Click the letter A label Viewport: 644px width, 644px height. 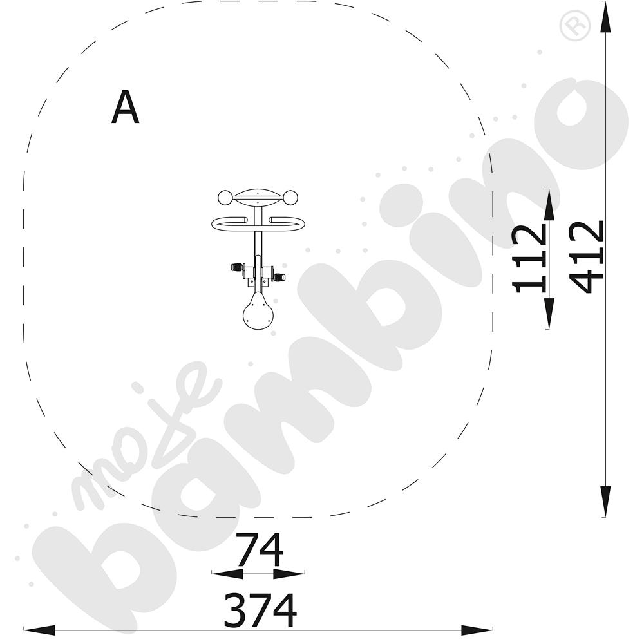tap(126, 107)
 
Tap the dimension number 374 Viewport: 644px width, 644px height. tap(260, 610)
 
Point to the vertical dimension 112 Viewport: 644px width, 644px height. tap(530, 258)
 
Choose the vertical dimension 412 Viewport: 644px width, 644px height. tap(587, 257)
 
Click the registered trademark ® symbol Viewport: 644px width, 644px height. tap(575, 26)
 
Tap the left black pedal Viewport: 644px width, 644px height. tap(236, 267)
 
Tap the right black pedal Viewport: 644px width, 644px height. tap(279, 277)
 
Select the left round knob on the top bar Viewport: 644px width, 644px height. tap(225, 198)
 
